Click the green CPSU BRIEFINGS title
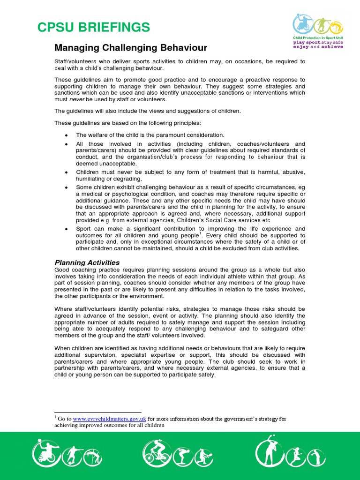(x=94, y=27)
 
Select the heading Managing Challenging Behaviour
(x=131, y=48)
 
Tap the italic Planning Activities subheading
(x=87, y=262)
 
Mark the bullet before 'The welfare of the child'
(x=67, y=135)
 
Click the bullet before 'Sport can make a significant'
(x=67, y=229)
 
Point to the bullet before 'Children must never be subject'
(x=67, y=172)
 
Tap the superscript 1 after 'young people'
(x=200, y=233)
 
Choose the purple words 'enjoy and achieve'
(x=317, y=47)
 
